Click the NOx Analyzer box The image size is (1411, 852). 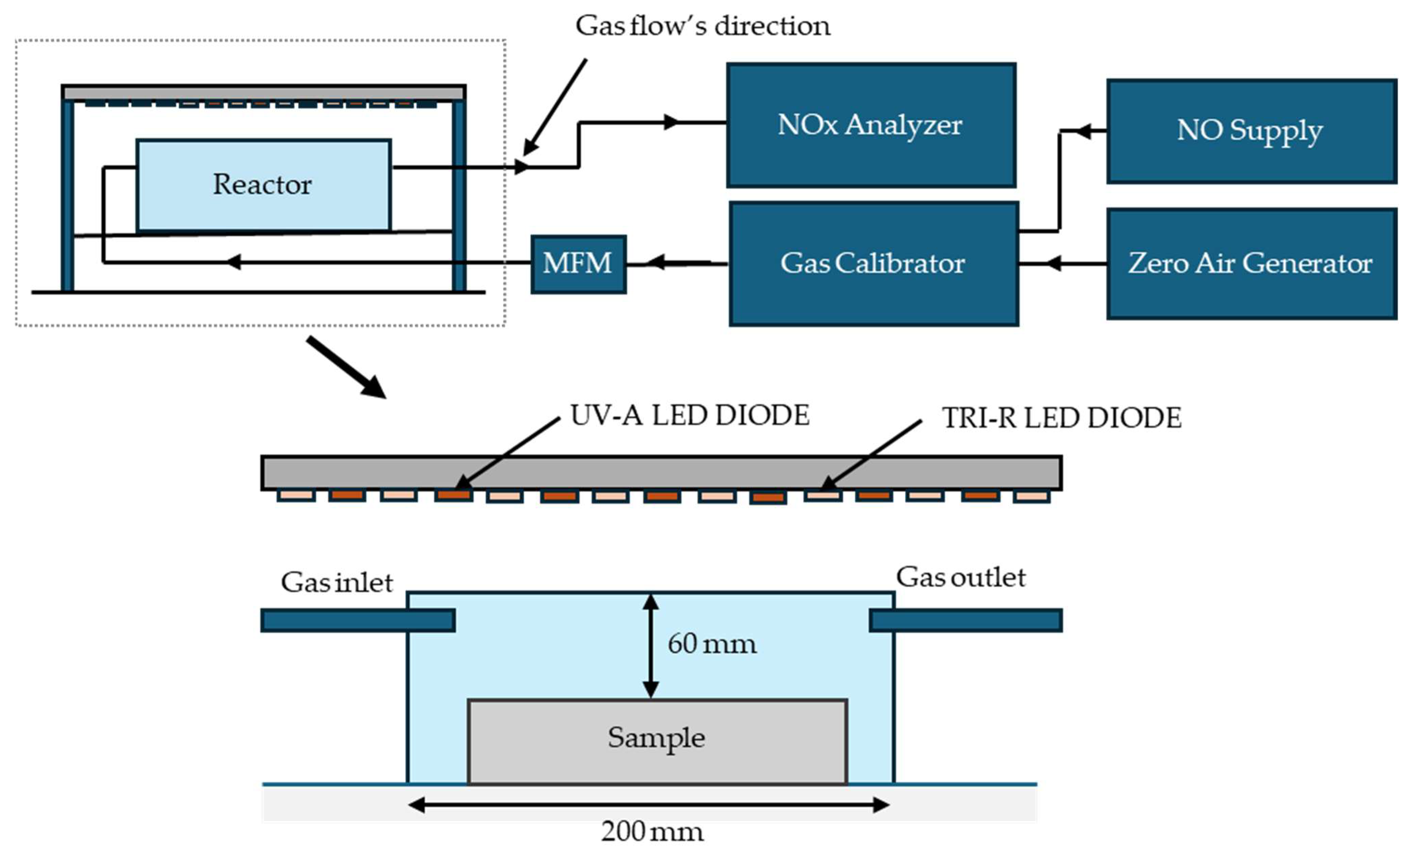point(871,125)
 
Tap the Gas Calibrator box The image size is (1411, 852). point(873,263)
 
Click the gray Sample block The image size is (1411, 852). point(657,741)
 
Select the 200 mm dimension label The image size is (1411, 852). point(652,831)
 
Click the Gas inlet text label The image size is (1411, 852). point(337,583)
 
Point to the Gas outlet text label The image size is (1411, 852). point(960,577)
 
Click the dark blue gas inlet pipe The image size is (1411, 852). point(358,621)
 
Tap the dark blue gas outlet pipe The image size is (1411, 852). point(965,621)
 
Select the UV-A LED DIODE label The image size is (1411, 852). point(690,416)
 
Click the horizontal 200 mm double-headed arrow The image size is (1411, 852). point(649,805)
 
